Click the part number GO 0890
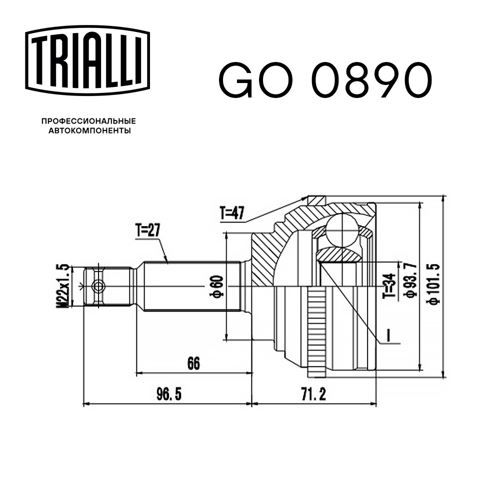[324, 80]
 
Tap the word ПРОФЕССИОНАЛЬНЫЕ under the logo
[88, 121]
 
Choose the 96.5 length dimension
[168, 395]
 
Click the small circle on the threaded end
[99, 286]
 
